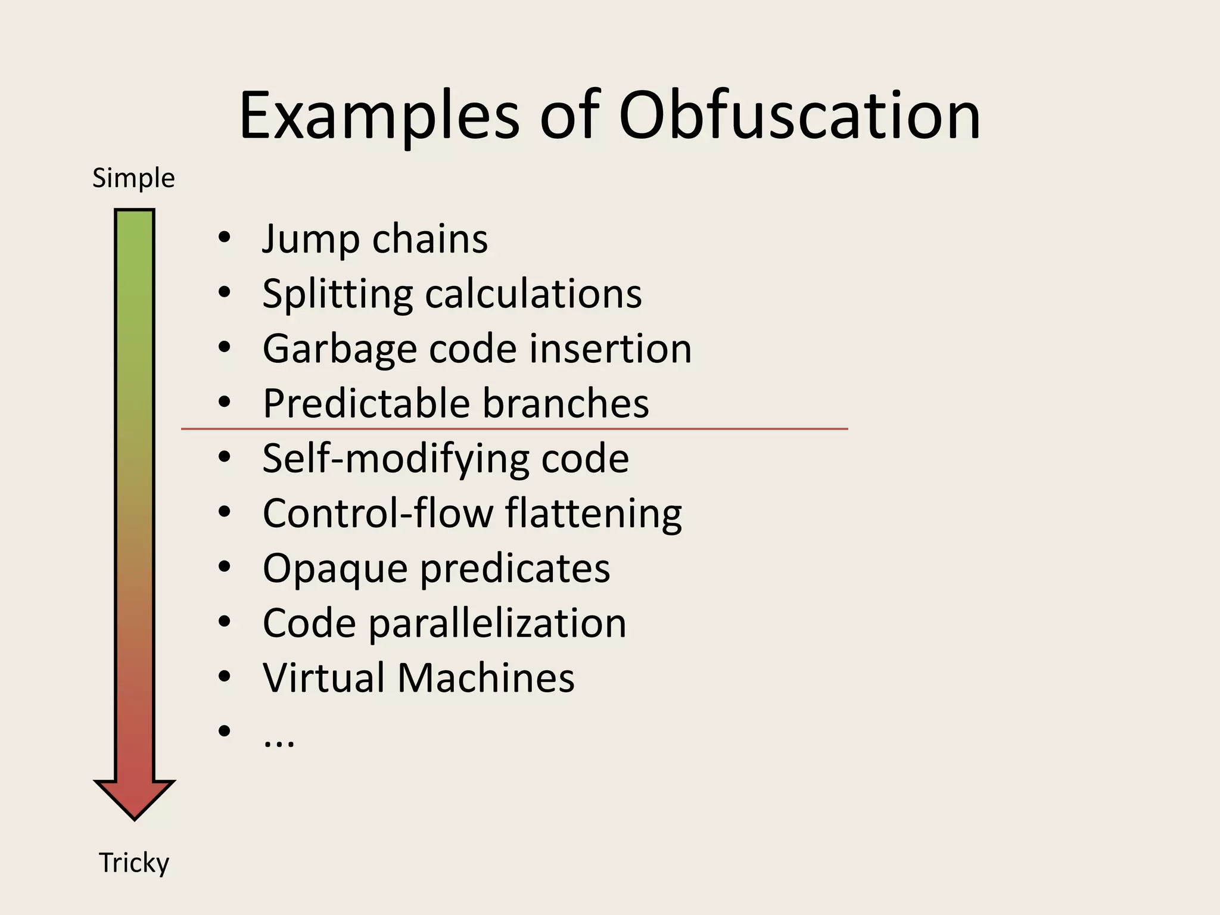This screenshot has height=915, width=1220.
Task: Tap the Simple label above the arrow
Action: [x=133, y=178]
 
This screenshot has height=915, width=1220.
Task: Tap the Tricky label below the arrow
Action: [x=134, y=863]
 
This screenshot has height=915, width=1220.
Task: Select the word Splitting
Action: [x=337, y=294]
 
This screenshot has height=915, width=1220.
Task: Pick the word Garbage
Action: [x=340, y=349]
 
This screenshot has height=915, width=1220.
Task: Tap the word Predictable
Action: [x=366, y=403]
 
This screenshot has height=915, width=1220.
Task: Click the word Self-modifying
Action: [x=395, y=459]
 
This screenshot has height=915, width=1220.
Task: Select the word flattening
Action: [x=593, y=513]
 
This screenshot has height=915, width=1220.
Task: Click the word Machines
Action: [x=485, y=678]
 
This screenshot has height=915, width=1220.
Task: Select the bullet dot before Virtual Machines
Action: [x=224, y=677]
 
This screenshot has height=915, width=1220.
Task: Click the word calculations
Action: [x=533, y=294]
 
